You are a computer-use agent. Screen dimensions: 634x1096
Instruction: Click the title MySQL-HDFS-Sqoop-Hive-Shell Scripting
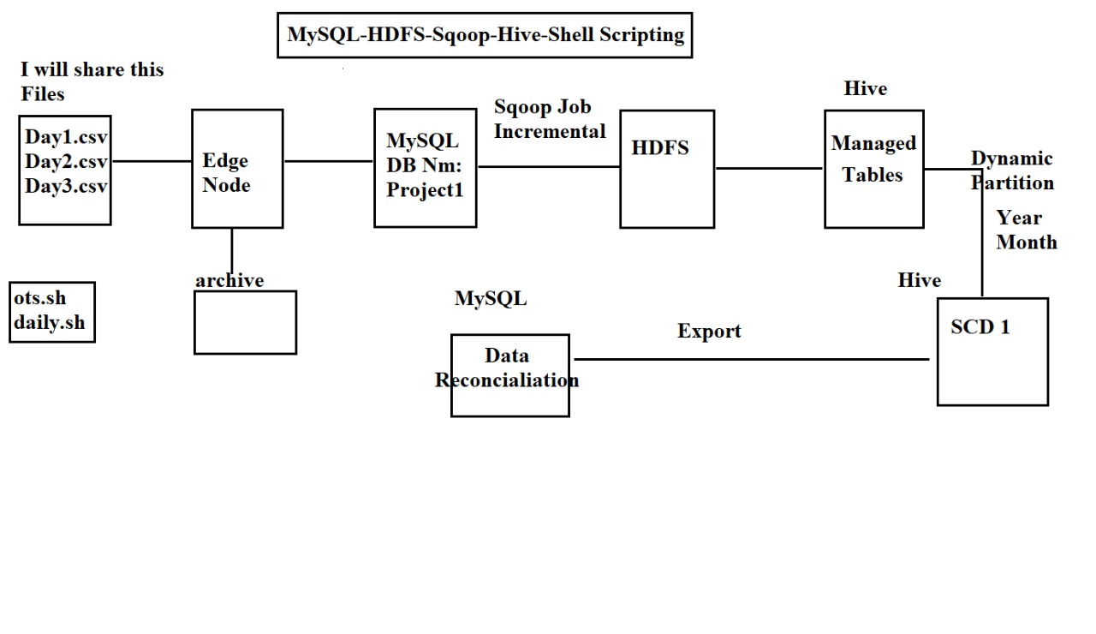click(485, 35)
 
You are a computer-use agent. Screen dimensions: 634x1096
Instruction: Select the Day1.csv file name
click(66, 137)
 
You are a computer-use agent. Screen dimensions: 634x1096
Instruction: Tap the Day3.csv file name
click(66, 186)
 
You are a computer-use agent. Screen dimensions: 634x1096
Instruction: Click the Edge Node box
click(237, 169)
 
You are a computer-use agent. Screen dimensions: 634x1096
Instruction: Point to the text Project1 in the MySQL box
click(425, 190)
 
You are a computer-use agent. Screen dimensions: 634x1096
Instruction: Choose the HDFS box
click(667, 169)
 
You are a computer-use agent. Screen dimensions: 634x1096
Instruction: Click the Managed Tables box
click(873, 169)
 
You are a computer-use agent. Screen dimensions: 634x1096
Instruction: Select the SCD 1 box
click(992, 351)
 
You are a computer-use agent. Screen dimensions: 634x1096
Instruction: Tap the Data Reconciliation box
click(509, 375)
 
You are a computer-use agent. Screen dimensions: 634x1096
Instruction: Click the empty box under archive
click(245, 322)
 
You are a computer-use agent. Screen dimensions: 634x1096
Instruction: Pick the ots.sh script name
click(39, 299)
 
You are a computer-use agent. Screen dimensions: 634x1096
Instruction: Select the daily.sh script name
click(49, 323)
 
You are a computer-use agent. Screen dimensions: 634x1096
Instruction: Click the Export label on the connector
click(709, 332)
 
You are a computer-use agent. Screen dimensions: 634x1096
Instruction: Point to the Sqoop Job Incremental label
click(549, 119)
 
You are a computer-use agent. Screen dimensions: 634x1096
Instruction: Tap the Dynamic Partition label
click(1012, 170)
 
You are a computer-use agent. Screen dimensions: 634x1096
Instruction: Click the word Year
click(1018, 218)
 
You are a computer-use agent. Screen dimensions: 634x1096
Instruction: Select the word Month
click(1027, 242)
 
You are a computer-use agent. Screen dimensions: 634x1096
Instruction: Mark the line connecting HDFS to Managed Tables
click(769, 169)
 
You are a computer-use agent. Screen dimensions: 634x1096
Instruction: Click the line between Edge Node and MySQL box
click(328, 161)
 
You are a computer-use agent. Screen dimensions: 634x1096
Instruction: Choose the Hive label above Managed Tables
click(865, 89)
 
